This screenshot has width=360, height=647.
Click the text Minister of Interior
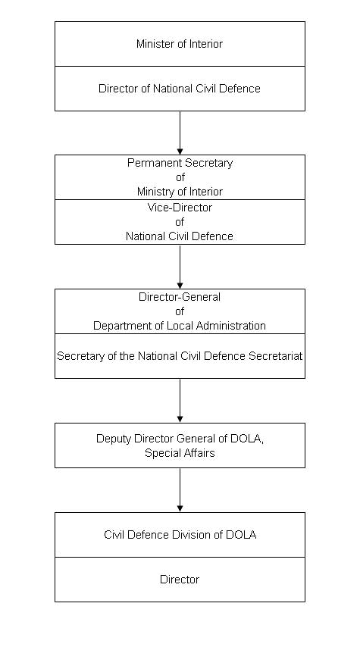point(180,44)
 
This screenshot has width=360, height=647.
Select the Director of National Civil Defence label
point(180,89)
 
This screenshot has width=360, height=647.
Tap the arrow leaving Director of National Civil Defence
point(180,133)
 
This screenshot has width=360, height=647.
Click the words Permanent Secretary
point(180,163)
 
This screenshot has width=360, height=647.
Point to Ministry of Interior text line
point(180,192)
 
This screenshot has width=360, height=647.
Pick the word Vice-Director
point(180,208)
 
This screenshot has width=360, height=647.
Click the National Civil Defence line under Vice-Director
point(180,236)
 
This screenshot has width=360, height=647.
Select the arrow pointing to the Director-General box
point(180,267)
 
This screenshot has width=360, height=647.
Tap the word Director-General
point(180,297)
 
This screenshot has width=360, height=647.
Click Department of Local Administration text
point(180,326)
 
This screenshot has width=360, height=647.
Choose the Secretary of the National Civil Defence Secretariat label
point(180,355)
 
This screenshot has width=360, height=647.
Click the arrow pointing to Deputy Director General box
point(180,401)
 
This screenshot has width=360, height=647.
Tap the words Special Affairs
point(180,453)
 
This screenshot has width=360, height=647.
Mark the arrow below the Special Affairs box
point(180,490)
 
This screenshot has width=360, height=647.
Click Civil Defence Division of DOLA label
point(180,535)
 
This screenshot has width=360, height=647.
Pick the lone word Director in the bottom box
point(180,580)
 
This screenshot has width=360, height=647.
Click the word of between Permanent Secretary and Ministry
point(180,177)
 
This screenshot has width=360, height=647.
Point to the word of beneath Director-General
point(180,311)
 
